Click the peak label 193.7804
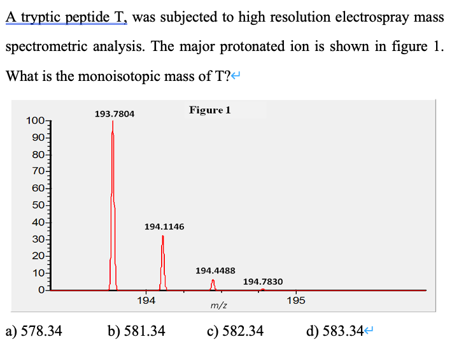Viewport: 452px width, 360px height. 115,114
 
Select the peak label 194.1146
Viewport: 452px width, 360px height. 164,226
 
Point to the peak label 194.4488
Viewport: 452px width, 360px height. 215,271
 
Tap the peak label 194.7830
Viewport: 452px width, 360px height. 263,282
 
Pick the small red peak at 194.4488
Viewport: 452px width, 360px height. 213,285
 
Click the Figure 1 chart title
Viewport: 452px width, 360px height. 209,110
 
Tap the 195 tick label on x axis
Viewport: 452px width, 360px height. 295,301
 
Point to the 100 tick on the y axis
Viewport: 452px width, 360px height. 32,121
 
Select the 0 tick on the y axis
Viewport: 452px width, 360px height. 39,290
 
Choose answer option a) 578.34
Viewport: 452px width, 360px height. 34,331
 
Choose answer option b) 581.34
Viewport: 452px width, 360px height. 136,331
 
